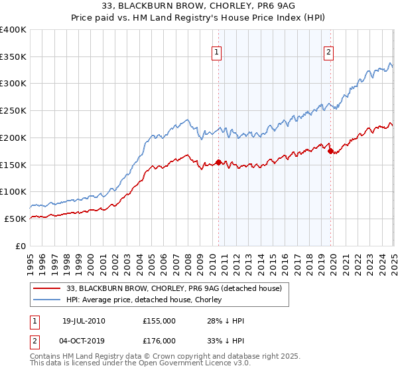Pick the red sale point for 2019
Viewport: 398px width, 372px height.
coord(330,151)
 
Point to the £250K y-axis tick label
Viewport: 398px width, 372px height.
coord(13,110)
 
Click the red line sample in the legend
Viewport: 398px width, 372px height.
coord(47,288)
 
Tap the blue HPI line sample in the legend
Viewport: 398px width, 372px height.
coord(47,300)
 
